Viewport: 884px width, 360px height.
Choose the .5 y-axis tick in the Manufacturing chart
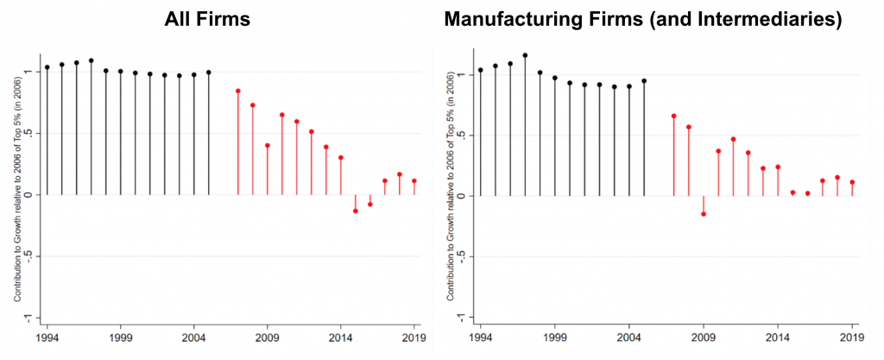pyautogui.click(x=464, y=136)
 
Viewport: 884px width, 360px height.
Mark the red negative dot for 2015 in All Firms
pyautogui.click(x=355, y=211)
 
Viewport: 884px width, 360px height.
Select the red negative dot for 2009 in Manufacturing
pyautogui.click(x=704, y=214)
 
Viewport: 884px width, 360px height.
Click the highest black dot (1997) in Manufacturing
pyautogui.click(x=525, y=55)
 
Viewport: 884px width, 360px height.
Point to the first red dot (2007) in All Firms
pyautogui.click(x=237, y=92)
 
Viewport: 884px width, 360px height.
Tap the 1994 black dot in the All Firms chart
pyautogui.click(x=47, y=67)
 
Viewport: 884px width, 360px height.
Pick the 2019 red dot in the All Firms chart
pyautogui.click(x=414, y=181)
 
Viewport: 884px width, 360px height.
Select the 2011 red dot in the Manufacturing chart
pyautogui.click(x=733, y=139)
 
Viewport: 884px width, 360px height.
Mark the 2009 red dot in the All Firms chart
pyautogui.click(x=268, y=146)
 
